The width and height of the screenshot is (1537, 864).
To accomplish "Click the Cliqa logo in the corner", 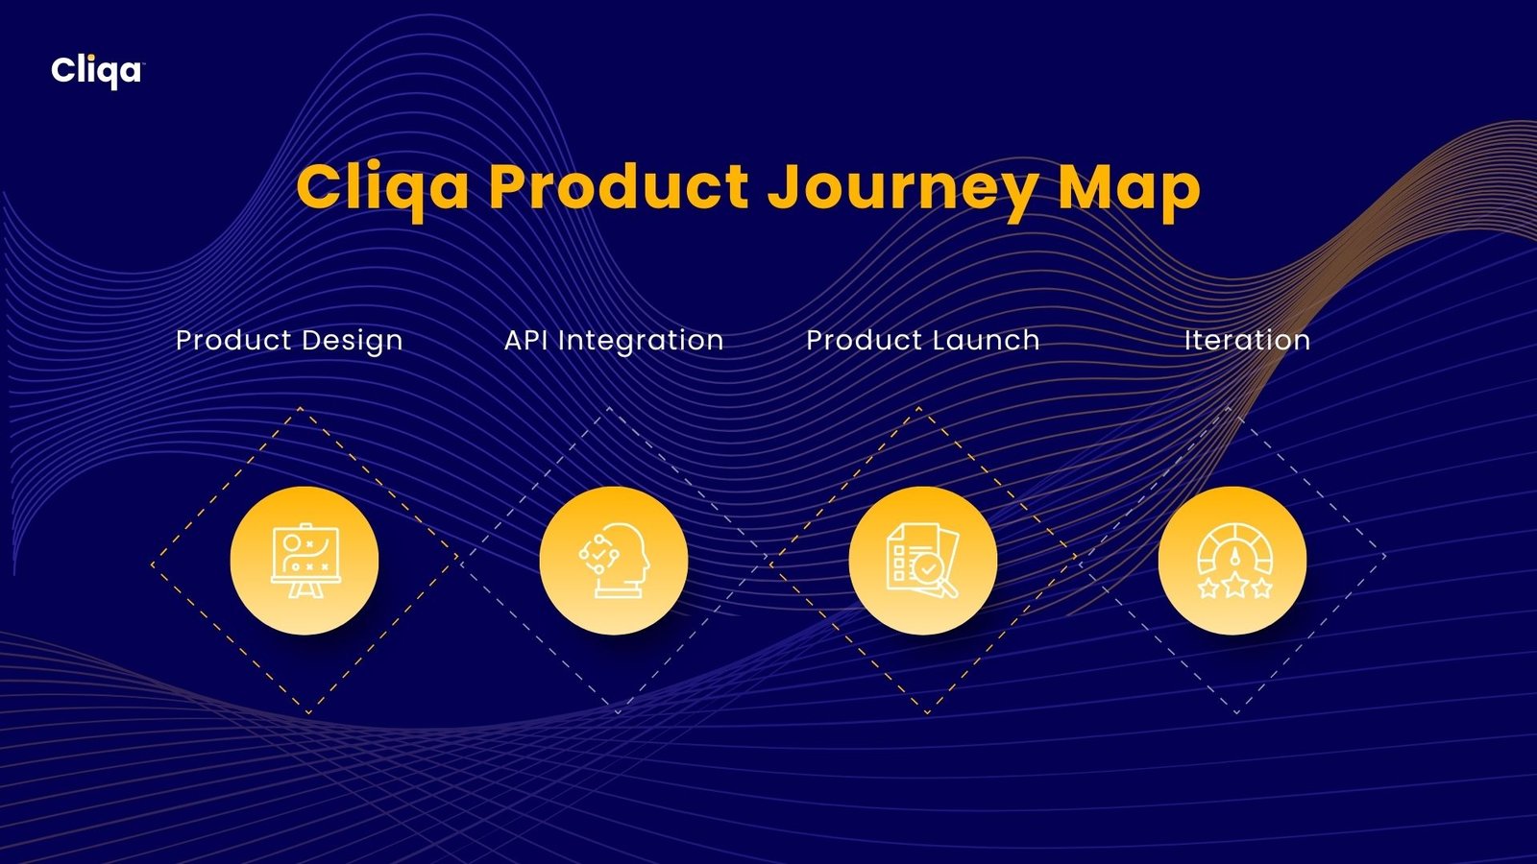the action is (x=97, y=71).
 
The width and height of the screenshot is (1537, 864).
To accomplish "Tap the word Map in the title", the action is (x=1130, y=188).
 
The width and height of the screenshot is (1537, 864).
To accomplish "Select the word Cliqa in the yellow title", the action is (x=383, y=188).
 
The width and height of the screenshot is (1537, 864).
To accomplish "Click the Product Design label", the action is (x=289, y=341).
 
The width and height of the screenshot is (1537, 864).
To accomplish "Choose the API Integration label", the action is (x=614, y=341).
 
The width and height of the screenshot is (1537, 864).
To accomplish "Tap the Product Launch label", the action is (x=923, y=340).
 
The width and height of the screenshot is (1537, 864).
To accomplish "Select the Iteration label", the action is (x=1248, y=340).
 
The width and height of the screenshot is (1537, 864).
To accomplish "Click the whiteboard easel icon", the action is (x=305, y=561).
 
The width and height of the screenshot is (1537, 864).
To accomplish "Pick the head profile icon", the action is (x=614, y=561).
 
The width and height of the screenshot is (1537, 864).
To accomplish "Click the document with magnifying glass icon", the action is (x=923, y=561).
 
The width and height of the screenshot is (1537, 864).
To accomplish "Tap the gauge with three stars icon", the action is (x=1235, y=561).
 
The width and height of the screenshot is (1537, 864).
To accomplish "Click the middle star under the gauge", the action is (x=1235, y=587).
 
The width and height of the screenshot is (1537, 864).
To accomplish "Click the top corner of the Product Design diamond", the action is (x=300, y=409).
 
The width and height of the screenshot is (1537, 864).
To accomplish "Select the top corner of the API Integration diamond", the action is (x=609, y=409).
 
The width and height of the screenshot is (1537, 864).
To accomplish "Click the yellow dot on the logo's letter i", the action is (x=91, y=58).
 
